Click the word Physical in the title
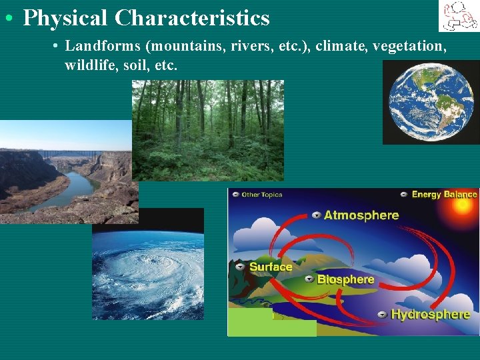(65, 18)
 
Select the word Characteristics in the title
(192, 18)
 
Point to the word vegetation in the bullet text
(409, 46)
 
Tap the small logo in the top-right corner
(458, 16)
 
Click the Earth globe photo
(431, 102)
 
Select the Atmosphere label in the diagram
(361, 215)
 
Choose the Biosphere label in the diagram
(345, 279)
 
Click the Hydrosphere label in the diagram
(430, 314)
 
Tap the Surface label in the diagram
(270, 267)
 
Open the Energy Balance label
(444, 195)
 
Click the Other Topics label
(261, 195)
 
